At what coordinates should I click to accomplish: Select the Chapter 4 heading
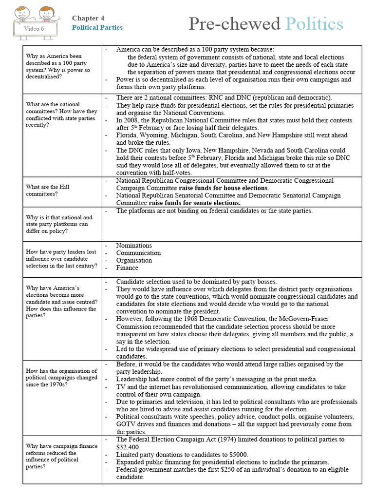click(x=88, y=18)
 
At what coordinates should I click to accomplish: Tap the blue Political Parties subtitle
click(x=97, y=27)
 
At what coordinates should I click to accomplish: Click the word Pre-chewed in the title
click(x=234, y=23)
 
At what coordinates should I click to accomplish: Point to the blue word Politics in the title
click(x=314, y=23)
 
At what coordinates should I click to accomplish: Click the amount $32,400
click(x=128, y=447)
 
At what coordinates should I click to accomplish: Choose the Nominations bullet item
click(x=134, y=246)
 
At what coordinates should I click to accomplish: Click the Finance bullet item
click(x=127, y=268)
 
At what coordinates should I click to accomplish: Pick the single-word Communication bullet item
click(x=138, y=253)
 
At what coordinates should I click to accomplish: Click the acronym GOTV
click(x=126, y=424)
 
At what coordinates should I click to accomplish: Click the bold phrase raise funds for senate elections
click(x=195, y=203)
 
